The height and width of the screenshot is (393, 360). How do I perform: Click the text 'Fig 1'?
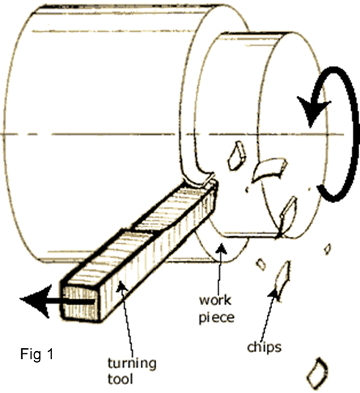pyautogui.click(x=37, y=354)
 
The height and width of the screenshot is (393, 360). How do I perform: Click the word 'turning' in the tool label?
pyautogui.click(x=132, y=364)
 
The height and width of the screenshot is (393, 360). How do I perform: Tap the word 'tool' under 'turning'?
pyautogui.click(x=120, y=379)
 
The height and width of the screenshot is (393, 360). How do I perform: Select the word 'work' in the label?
pyautogui.click(x=215, y=301)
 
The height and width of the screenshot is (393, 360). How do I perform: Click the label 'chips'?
pyautogui.click(x=264, y=348)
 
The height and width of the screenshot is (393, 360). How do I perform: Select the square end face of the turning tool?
pyautogui.click(x=81, y=304)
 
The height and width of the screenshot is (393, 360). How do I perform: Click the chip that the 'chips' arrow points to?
pyautogui.click(x=283, y=276)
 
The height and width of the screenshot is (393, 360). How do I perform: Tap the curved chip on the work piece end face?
pyautogui.click(x=270, y=169)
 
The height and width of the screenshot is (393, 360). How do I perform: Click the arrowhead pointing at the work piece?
pyautogui.click(x=221, y=248)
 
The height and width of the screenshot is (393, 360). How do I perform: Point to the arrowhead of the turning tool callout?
pyautogui.click(x=121, y=286)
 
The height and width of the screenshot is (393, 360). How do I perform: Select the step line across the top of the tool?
pyautogui.click(x=140, y=231)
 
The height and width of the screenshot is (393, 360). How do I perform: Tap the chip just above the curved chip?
pyautogui.click(x=237, y=155)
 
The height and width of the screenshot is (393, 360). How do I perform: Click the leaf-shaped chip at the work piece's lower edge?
pyautogui.click(x=288, y=216)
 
